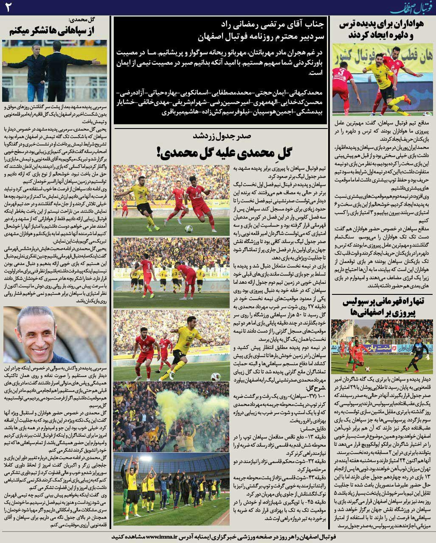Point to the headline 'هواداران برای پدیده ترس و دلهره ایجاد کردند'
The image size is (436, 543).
pos(384,30)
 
